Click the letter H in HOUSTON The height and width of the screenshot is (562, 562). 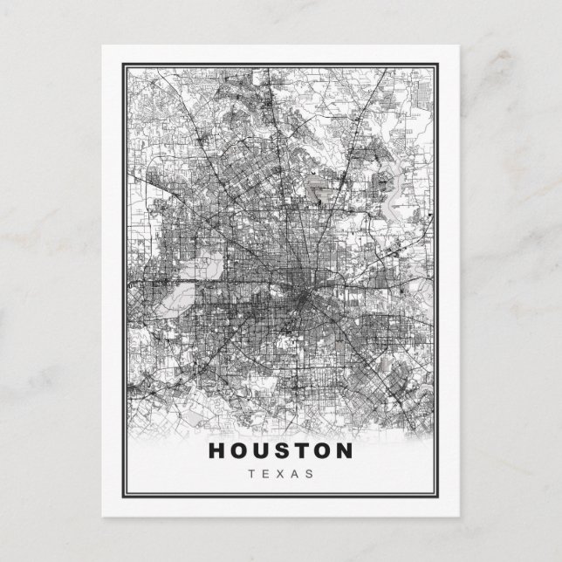217,451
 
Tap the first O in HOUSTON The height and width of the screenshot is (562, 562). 240,451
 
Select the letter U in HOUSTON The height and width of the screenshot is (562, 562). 263,451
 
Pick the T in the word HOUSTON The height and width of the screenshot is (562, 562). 302,451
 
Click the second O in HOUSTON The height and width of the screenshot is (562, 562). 323,451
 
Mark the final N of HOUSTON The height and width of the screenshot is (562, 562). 346,451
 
